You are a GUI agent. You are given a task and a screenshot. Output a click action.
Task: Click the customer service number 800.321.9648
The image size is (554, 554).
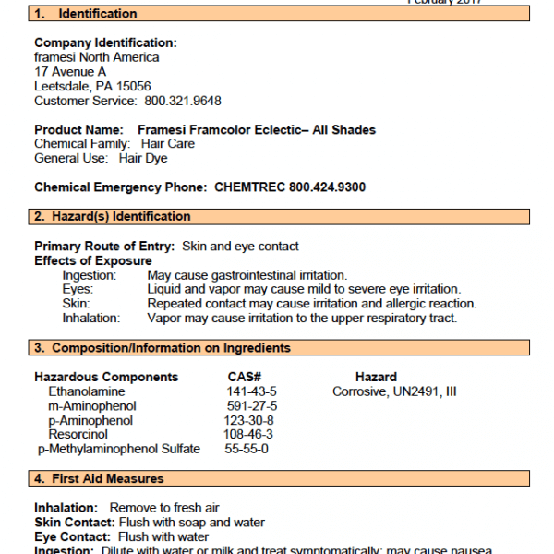point(181,101)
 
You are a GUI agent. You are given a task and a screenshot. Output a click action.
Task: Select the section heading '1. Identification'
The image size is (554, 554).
point(85,14)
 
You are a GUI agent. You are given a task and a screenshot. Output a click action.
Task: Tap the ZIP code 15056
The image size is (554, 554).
point(132,86)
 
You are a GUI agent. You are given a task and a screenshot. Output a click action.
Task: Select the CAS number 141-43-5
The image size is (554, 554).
point(252,391)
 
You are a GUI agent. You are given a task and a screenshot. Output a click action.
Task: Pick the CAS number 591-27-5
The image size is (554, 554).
point(252,406)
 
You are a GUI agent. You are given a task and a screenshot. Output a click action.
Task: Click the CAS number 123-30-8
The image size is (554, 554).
point(249,420)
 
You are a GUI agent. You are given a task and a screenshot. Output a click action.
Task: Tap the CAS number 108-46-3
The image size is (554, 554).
point(249,434)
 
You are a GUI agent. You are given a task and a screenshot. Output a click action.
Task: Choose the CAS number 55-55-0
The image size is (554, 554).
point(247,449)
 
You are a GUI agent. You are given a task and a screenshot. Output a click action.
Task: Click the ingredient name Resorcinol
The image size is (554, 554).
point(78,434)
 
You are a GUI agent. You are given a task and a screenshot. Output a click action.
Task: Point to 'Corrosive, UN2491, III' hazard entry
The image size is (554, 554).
point(394,391)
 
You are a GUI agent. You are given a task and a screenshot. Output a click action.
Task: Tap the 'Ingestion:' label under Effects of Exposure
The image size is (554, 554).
point(90,275)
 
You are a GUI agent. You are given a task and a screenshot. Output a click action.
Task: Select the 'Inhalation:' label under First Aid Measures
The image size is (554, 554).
point(66,508)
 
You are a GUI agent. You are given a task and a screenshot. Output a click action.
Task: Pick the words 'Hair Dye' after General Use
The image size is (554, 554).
point(143,158)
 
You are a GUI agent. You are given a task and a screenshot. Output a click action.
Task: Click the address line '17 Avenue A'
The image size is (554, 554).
point(70,71)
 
